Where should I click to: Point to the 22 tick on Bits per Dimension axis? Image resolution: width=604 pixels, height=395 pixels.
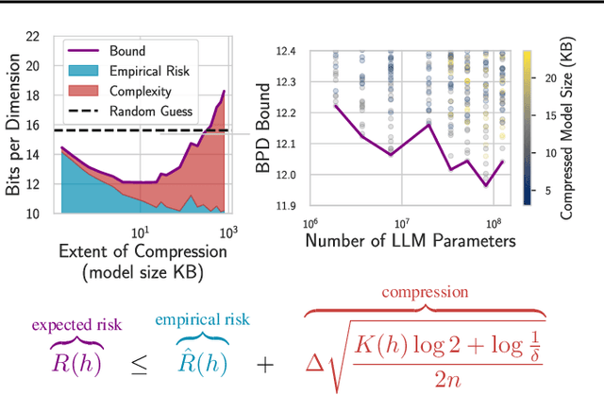(32, 37)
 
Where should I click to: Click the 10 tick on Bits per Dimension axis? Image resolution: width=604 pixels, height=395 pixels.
(32, 214)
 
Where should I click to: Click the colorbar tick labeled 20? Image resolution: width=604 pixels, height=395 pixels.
(550, 81)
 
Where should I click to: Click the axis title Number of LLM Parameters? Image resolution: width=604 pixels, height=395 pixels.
(411, 242)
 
